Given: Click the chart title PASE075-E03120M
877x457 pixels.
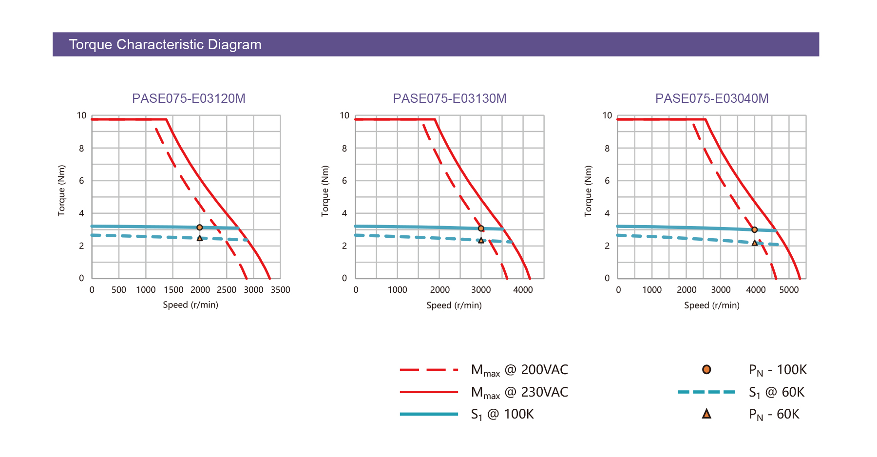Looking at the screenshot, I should [x=189, y=98].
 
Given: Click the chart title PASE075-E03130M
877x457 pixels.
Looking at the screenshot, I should [x=450, y=98].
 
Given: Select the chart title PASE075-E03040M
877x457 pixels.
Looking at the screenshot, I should [x=712, y=98].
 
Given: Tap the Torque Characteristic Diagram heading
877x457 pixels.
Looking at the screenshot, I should [x=165, y=44].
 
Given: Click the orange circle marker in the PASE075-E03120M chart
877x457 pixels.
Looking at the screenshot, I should [x=200, y=228].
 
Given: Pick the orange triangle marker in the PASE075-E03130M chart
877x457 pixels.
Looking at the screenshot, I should [x=481, y=241].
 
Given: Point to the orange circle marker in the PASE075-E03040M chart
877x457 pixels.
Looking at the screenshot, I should [x=754, y=230].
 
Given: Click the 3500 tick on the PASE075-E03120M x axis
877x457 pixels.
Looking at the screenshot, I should [x=281, y=290].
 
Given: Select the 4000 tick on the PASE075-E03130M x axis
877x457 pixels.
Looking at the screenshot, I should [x=523, y=290].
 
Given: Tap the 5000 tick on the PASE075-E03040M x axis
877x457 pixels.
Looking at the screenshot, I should [x=789, y=290].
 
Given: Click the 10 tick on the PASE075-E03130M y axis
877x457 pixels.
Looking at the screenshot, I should [x=344, y=115].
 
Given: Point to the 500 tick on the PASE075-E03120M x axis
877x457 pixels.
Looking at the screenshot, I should [x=119, y=290].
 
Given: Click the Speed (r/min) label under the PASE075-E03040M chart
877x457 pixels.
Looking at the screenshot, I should [x=712, y=305].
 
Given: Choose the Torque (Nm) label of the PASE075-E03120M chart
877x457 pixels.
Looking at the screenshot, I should [x=61, y=190].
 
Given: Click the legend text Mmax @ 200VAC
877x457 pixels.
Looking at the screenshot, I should [x=519, y=370].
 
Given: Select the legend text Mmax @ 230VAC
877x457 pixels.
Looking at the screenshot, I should [x=519, y=392].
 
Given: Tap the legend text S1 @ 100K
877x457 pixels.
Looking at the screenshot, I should [x=502, y=414].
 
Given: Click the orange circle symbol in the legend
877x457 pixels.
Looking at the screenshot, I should [x=706, y=370].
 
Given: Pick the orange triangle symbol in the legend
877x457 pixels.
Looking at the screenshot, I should [x=706, y=414].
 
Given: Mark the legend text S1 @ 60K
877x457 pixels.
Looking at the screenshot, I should [x=777, y=392].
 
